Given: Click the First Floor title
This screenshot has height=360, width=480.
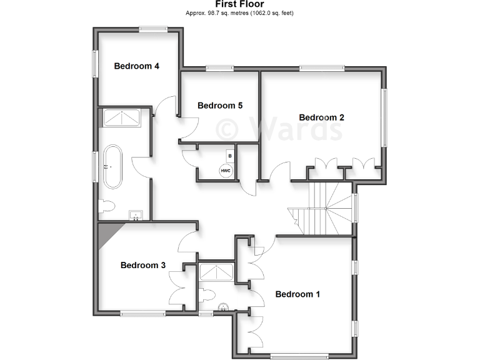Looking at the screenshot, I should [x=239, y=4].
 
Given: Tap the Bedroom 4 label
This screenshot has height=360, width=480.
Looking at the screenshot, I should [x=136, y=66].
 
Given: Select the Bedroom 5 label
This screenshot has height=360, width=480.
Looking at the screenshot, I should [x=220, y=106].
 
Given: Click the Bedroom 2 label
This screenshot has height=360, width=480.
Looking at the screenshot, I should [x=322, y=117].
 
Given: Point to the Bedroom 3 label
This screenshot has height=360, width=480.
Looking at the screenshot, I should [x=143, y=265].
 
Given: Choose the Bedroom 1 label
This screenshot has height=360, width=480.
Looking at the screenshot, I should [x=297, y=294].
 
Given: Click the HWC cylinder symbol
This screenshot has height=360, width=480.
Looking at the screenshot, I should [x=224, y=170].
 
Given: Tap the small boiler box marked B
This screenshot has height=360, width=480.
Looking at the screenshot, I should [x=230, y=154].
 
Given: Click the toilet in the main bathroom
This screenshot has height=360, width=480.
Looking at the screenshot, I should [x=106, y=206].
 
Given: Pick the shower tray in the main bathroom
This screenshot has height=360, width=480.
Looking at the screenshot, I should [x=122, y=117].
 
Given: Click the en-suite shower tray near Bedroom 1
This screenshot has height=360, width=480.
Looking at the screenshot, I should [x=216, y=272].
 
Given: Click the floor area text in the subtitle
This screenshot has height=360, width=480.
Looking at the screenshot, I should [x=239, y=13].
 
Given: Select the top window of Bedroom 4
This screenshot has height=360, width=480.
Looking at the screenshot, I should [x=153, y=27].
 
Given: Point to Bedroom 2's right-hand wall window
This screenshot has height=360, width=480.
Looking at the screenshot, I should [x=386, y=117].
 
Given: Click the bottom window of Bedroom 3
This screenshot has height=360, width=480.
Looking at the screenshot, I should [x=138, y=314].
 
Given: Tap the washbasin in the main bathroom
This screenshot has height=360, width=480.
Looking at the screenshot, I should [x=137, y=216].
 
